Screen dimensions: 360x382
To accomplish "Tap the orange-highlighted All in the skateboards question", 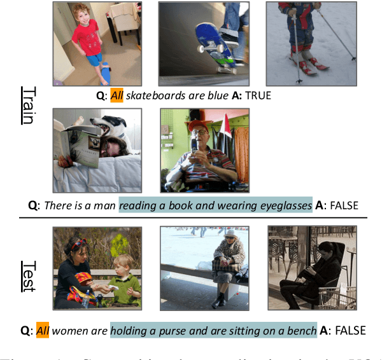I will pos(117,96).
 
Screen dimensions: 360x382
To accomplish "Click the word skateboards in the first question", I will pos(153,96).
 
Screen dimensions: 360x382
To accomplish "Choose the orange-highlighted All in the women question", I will pos(43,330).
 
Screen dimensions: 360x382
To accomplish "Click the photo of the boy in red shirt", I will pos(97,43).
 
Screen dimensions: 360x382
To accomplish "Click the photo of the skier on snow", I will pos(310,43).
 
